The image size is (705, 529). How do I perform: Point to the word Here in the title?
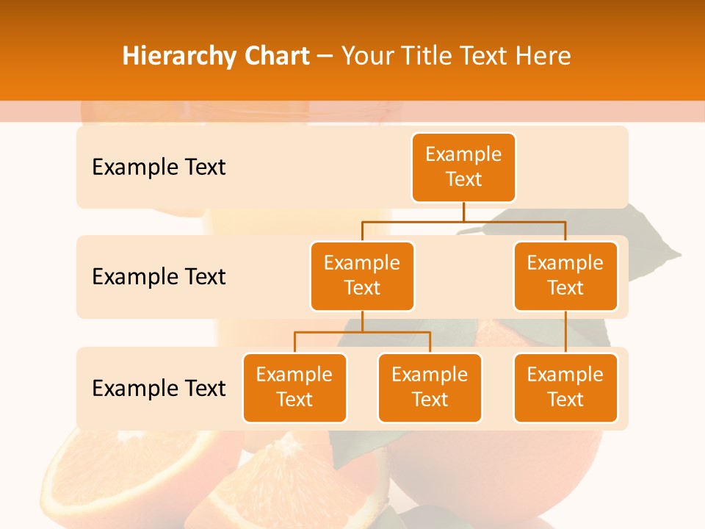click(x=544, y=57)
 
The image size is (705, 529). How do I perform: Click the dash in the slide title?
click(x=325, y=57)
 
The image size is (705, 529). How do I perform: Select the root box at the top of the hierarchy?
click(x=463, y=167)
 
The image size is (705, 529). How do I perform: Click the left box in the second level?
click(x=362, y=276)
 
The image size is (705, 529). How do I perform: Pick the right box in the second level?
click(x=565, y=276)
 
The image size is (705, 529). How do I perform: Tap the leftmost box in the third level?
click(x=294, y=387)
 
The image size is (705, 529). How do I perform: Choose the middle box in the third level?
click(x=430, y=387)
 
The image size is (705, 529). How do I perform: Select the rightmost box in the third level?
click(x=565, y=387)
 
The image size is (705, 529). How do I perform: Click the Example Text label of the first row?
click(x=159, y=168)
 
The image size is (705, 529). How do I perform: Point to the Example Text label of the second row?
click(x=159, y=277)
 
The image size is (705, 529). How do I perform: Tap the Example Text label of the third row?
click(x=159, y=388)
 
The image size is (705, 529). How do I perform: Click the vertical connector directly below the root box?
click(x=463, y=212)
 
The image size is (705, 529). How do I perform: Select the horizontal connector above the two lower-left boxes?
click(x=362, y=332)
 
